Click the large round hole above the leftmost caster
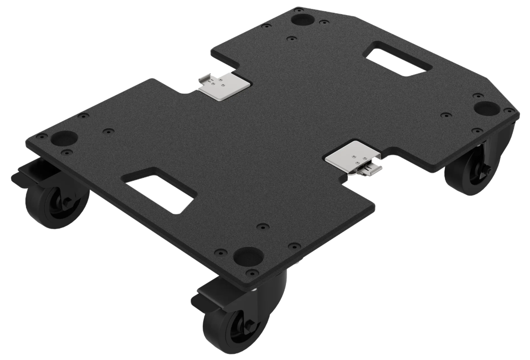pos(64,138)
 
